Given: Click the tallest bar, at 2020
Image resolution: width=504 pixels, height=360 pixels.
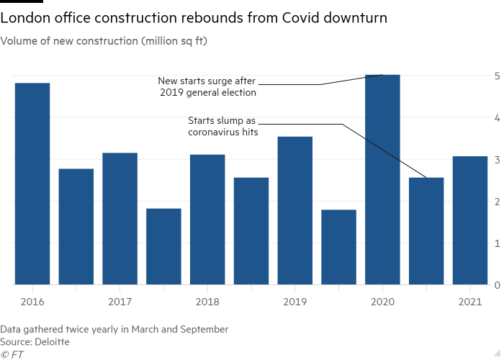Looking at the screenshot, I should (382, 180).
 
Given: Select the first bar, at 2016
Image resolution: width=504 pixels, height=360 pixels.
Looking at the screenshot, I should (32, 184).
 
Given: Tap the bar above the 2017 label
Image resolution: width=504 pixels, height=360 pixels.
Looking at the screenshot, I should (120, 218).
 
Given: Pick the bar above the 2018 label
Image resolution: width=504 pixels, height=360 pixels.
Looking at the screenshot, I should (207, 219).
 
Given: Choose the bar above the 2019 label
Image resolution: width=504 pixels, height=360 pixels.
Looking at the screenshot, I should (295, 210).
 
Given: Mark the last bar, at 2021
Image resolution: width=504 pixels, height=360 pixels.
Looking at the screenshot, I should (469, 220).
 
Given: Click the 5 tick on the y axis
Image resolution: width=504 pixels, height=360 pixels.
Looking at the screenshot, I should (497, 76).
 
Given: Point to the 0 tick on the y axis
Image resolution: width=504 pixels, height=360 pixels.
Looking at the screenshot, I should (497, 285).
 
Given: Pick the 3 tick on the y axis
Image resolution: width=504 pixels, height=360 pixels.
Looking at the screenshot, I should (497, 159).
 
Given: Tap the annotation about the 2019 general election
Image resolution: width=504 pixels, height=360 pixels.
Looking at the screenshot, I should (207, 86).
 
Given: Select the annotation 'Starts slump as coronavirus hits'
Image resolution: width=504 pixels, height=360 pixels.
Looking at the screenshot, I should (222, 127).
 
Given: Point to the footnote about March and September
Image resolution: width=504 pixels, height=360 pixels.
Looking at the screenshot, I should (114, 329).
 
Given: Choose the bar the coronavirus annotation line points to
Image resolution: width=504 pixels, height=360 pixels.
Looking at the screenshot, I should (426, 230).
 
